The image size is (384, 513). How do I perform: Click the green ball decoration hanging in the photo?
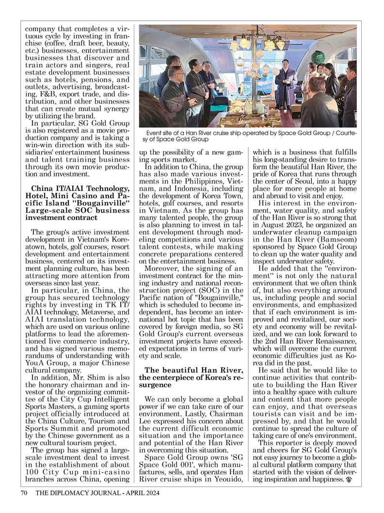[318, 57]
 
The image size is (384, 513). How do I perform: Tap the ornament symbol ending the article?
[348, 480]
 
